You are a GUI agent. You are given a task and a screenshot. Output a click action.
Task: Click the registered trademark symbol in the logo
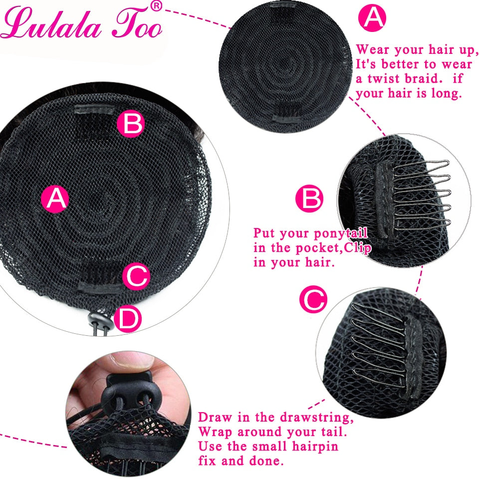(x=157, y=6)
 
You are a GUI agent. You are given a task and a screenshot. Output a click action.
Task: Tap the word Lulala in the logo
(x=51, y=24)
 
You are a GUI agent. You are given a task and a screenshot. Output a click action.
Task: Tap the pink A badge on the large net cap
(x=55, y=199)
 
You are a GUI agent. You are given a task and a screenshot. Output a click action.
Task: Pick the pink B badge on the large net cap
(x=131, y=123)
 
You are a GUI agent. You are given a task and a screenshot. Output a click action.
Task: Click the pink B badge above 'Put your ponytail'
(x=309, y=198)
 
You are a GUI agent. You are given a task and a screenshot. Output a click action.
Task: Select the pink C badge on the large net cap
(x=136, y=276)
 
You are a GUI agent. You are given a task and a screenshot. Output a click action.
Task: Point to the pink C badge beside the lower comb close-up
(x=313, y=299)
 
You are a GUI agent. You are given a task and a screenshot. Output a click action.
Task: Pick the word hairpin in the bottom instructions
(x=315, y=446)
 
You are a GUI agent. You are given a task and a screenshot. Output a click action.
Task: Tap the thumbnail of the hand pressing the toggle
(x=128, y=414)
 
